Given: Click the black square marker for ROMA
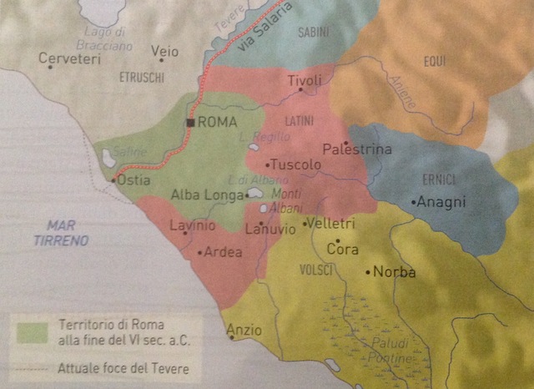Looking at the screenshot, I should coord(191,122).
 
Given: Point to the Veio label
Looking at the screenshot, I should coord(164,52).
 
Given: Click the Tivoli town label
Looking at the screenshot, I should coord(304,80).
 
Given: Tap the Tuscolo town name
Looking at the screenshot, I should coord(295,165).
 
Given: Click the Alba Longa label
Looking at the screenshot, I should coord(207,194).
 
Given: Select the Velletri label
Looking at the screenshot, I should coord(331,224).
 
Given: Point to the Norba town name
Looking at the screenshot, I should coord(394,271).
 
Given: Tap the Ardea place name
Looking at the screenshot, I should coord(223,252).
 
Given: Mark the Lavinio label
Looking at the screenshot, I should coord(192,225).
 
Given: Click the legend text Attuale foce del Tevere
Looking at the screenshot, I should coord(123,367).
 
